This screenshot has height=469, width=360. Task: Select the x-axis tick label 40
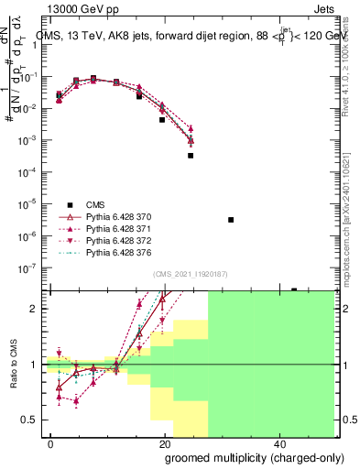click(278, 442)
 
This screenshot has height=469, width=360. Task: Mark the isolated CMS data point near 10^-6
click(231, 220)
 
